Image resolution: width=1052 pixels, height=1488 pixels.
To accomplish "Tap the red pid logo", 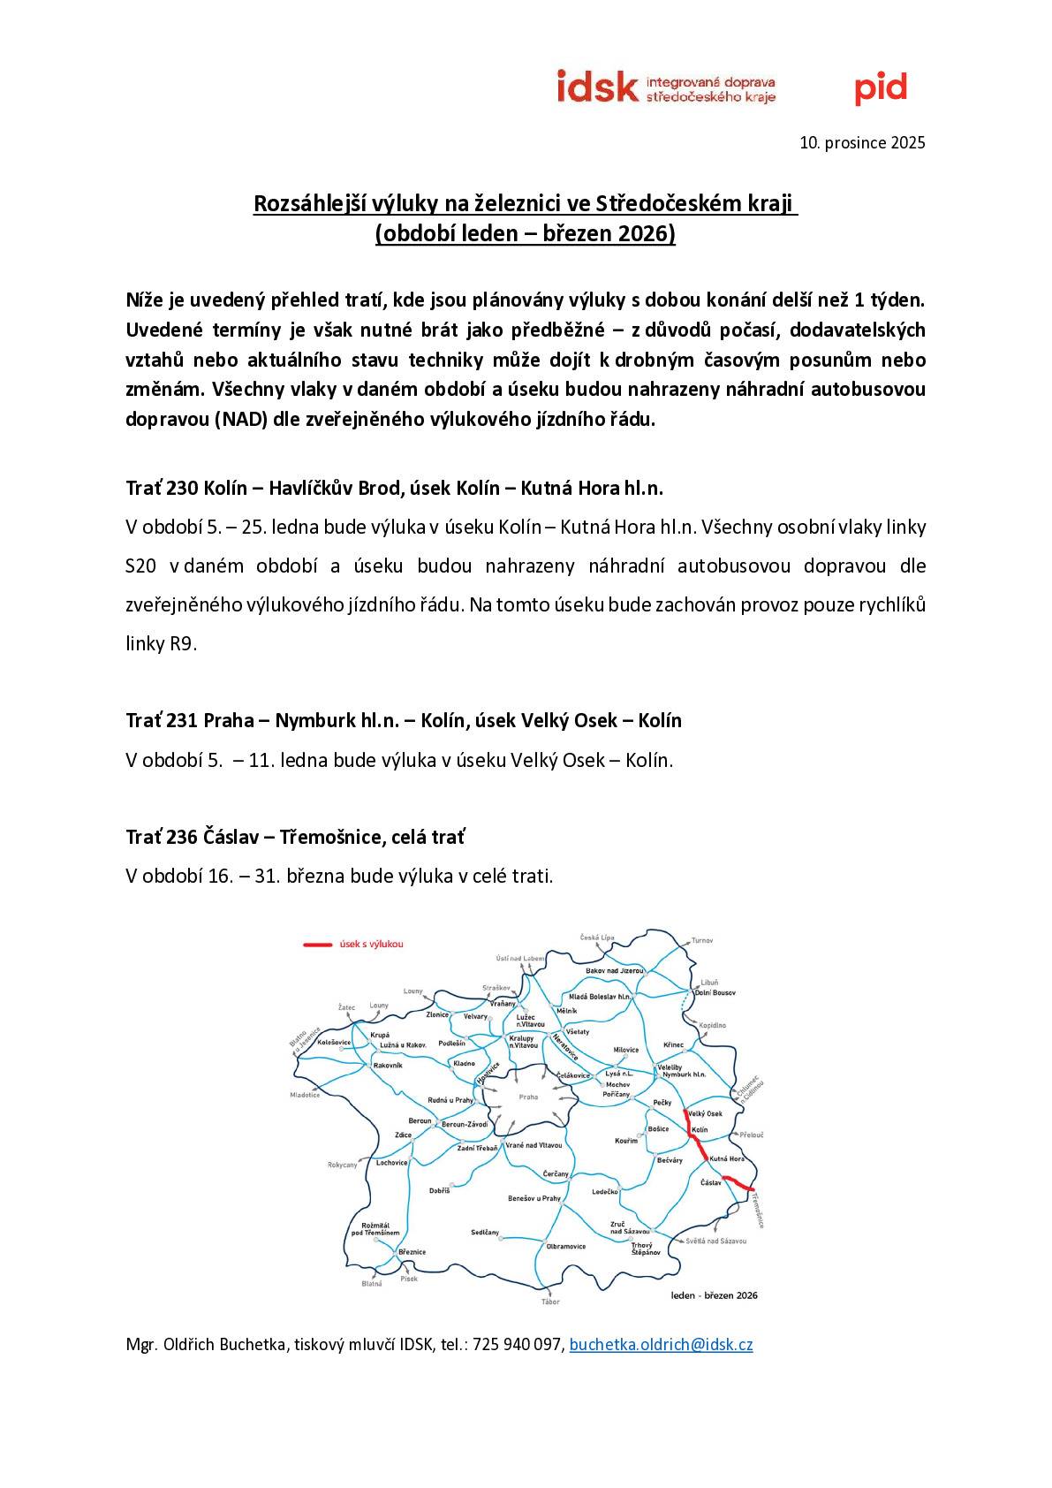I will point(880,87).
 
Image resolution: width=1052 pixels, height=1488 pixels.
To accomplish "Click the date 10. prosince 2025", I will point(862,142).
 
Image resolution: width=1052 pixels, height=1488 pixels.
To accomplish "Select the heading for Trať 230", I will point(394,488).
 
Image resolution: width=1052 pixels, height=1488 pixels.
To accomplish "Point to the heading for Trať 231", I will point(404,720).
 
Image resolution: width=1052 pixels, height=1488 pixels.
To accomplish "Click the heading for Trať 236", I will point(295,836).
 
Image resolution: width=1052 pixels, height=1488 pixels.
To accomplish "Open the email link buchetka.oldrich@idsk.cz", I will point(661,1345).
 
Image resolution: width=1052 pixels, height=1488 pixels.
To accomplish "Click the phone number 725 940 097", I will point(518,1345).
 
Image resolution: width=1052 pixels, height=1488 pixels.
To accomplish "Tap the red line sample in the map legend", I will point(316,945).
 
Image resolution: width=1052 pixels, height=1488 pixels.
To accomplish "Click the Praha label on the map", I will point(528,1097).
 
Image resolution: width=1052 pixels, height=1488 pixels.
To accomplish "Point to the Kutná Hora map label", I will point(728,1158).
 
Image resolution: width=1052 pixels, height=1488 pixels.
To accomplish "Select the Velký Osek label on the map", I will point(706,1113).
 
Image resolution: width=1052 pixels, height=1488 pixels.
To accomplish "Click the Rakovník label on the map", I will point(388,1066).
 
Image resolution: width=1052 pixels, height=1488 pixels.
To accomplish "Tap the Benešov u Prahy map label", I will point(534,1198).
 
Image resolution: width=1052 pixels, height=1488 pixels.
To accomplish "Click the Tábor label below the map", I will point(551,1302).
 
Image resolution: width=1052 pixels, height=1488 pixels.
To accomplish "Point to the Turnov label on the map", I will point(701,940).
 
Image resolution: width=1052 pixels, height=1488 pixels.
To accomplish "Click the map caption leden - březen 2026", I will point(714,1295).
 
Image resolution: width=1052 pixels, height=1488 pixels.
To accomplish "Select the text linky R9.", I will point(159,643).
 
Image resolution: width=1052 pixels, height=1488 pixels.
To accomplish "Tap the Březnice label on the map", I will point(412,1252).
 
